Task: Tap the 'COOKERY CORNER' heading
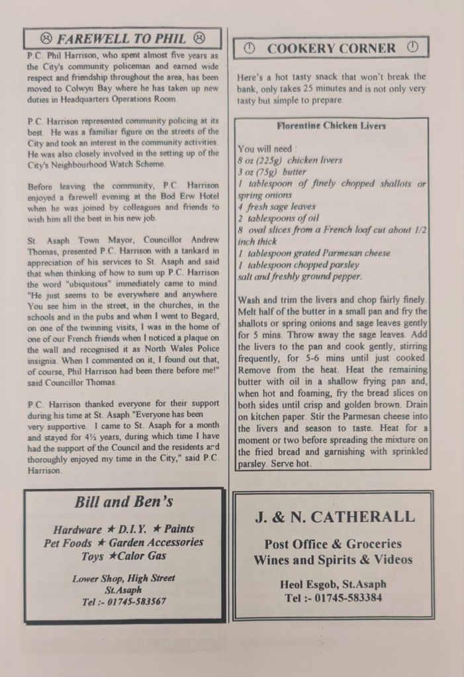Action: pyautogui.click(x=331, y=48)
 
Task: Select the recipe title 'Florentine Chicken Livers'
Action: pyautogui.click(x=331, y=126)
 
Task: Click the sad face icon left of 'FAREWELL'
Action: pyautogui.click(x=46, y=37)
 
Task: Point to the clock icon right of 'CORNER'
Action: pyautogui.click(x=412, y=48)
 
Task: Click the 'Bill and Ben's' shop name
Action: pyautogui.click(x=124, y=502)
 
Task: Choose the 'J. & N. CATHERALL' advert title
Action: pyautogui.click(x=335, y=517)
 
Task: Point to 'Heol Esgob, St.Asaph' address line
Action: pyautogui.click(x=334, y=584)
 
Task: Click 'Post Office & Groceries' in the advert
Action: pyautogui.click(x=333, y=544)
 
